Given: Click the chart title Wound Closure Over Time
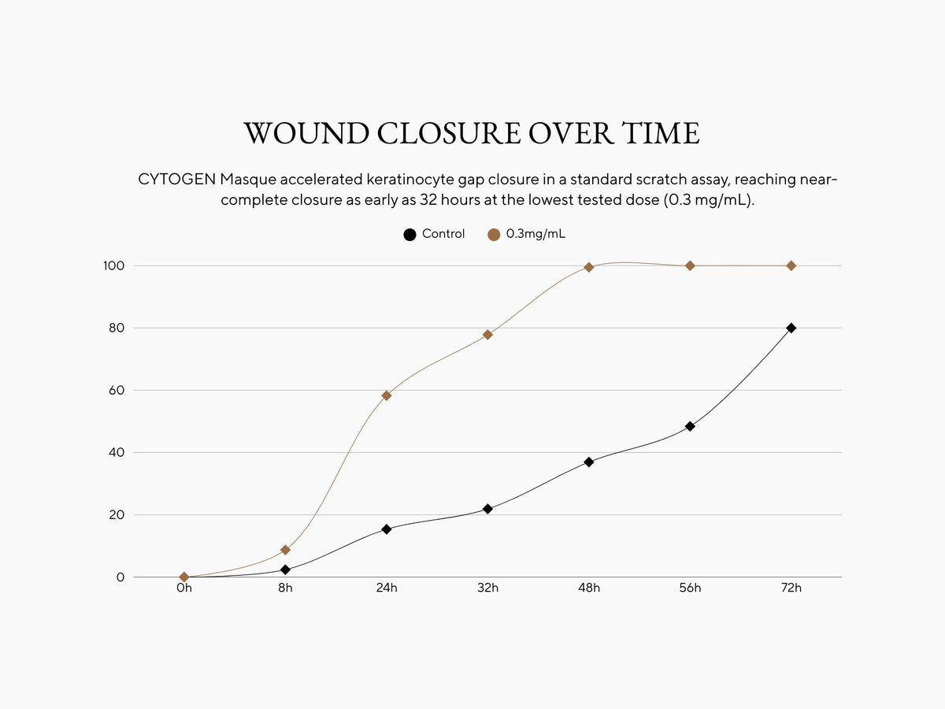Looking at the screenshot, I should tap(472, 133).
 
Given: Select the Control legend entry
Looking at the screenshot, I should tap(434, 234).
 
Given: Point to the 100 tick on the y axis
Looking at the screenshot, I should tap(114, 265).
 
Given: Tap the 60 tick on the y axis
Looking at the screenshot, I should tap(117, 390).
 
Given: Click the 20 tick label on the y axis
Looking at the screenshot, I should tap(117, 514).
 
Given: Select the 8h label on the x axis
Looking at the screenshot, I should tap(285, 588).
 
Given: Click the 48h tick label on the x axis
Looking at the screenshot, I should tap(589, 588).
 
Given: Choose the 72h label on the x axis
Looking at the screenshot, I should tap(791, 588).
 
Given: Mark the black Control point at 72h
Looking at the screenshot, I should tap(791, 328).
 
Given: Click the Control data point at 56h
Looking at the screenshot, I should tap(690, 426).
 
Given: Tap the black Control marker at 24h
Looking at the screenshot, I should tap(387, 529).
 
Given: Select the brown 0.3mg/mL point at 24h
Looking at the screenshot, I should tap(387, 395).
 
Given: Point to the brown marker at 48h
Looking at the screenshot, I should tap(589, 267).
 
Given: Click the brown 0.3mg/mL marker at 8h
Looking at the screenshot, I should tap(285, 550).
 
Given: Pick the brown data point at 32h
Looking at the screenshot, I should tap(487, 335).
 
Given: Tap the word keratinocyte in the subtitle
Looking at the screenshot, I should tap(406, 180).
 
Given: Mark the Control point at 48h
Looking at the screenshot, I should tap(589, 462).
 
